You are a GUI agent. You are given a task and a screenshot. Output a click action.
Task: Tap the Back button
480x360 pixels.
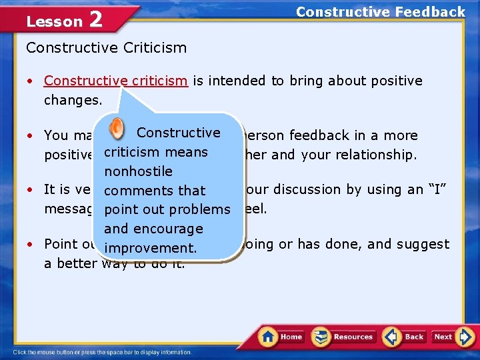[404, 337]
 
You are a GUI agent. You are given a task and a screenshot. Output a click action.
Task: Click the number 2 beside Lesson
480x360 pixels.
[95, 19]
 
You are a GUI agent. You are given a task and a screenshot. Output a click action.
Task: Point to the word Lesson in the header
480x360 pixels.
[54, 21]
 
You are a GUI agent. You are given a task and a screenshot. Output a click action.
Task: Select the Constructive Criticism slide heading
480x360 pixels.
[106, 47]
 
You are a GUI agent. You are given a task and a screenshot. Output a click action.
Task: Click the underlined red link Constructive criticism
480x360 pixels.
[115, 81]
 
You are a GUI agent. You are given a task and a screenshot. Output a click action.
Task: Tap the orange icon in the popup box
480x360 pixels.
[116, 128]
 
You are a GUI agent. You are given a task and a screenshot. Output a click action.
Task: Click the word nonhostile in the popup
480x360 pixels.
[138, 171]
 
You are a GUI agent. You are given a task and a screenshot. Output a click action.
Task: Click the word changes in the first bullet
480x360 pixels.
[68, 100]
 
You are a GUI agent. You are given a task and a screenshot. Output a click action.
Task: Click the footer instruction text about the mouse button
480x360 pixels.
[102, 352]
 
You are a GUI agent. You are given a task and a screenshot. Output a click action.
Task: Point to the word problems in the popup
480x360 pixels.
[199, 209]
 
